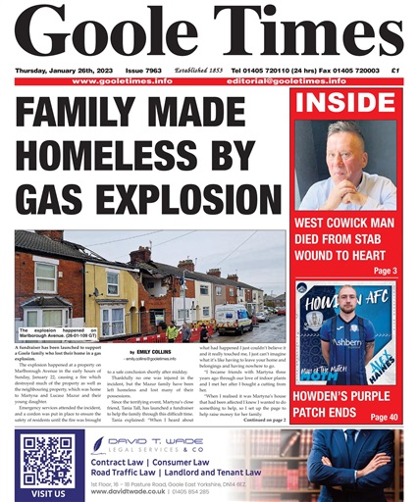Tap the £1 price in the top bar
point(395,72)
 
